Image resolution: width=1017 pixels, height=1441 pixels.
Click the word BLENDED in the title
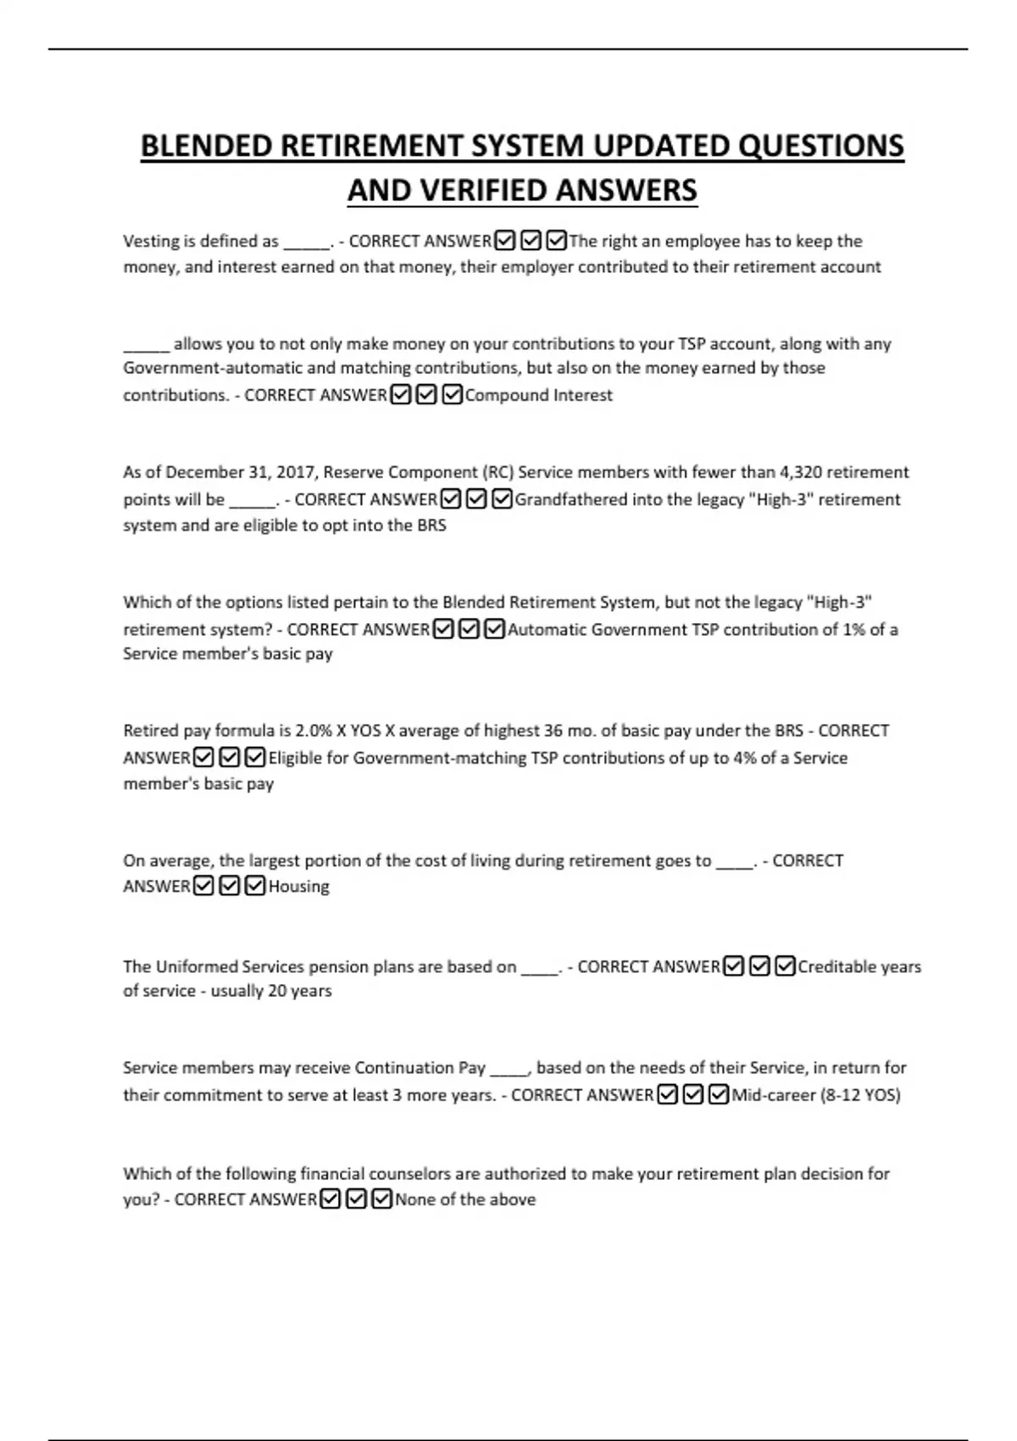[x=206, y=146]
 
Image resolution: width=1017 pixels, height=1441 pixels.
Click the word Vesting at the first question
[x=151, y=242]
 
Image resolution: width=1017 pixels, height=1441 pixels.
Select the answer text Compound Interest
[x=538, y=395]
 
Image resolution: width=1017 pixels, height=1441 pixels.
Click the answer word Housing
[x=298, y=887]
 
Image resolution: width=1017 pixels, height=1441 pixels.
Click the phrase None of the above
[x=465, y=1199]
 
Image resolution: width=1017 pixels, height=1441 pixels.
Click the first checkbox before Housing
[x=203, y=886]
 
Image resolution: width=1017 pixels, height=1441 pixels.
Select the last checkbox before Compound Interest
[x=452, y=394]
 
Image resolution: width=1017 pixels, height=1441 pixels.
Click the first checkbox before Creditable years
[x=734, y=966]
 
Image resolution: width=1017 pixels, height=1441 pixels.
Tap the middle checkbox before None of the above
[x=357, y=1199]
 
